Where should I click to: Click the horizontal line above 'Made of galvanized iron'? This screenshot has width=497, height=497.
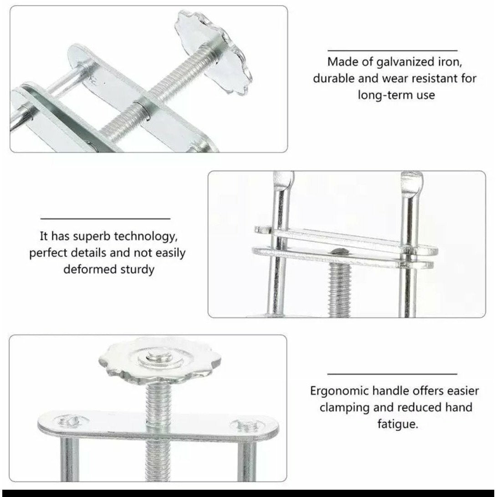392,51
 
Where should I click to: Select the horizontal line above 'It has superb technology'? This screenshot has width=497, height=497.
105,219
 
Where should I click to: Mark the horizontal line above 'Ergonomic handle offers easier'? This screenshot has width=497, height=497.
392,374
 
